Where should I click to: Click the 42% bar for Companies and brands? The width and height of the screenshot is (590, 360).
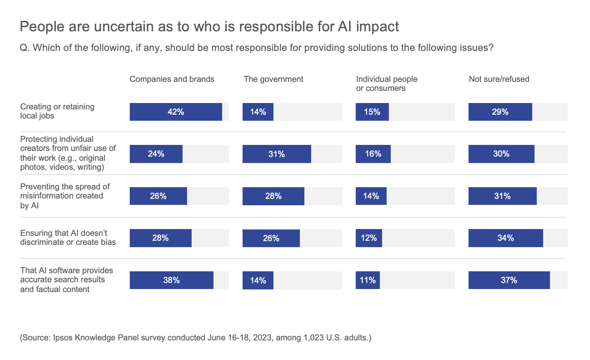coord(176,112)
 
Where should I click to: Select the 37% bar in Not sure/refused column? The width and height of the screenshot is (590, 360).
coord(509,280)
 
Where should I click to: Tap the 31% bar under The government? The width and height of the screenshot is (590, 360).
coord(277,154)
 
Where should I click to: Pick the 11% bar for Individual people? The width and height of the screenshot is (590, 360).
coord(367,280)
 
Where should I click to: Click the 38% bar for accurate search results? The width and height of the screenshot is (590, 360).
coord(171,280)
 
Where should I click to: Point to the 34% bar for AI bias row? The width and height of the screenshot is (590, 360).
coord(505,238)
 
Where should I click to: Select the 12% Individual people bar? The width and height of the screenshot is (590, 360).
coord(369,238)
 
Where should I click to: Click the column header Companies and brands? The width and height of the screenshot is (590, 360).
coord(172,79)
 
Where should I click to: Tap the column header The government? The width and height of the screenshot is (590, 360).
coord(273,79)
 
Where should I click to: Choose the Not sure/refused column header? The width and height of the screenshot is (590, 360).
coord(499,79)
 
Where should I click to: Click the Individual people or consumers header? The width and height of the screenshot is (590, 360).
coord(386,84)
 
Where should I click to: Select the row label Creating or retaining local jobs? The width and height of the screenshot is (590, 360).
coord(57,111)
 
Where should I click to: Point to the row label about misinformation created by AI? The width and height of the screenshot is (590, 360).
coord(65,196)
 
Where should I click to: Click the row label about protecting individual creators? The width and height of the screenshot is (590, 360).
coord(68,153)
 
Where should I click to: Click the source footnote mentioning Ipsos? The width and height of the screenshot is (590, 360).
coord(195,337)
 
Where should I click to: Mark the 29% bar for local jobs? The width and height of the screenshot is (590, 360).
coord(500,112)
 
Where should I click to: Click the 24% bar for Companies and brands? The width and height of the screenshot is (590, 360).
coord(156,154)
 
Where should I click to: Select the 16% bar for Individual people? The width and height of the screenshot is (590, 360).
coord(373,154)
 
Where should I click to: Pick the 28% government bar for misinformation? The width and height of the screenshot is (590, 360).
coord(273,196)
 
